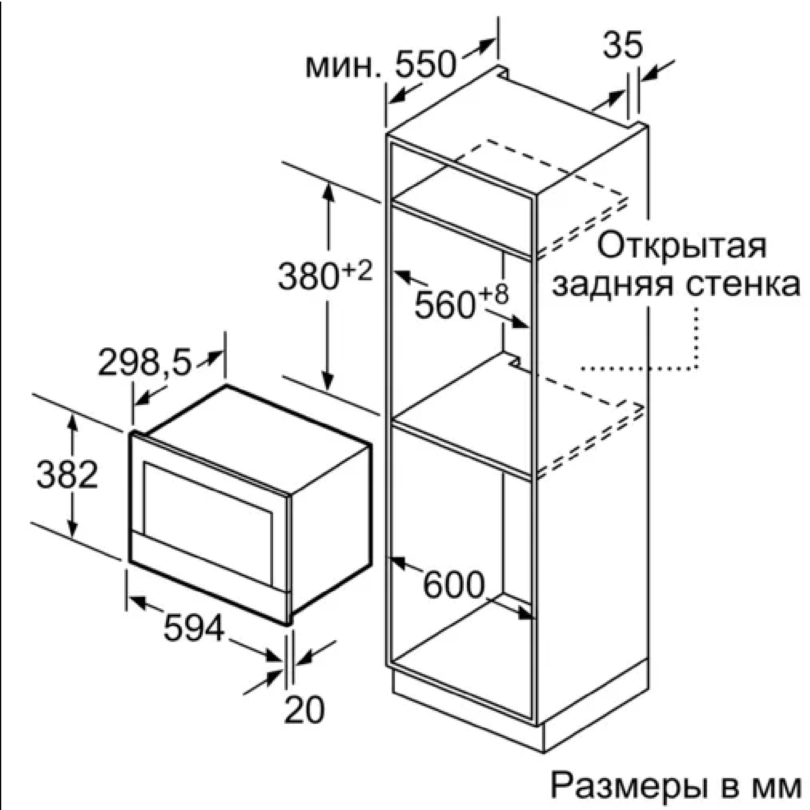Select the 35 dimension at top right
pyautogui.click(x=622, y=45)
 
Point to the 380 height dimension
pyautogui.click(x=309, y=276)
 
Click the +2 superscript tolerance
pyautogui.click(x=357, y=271)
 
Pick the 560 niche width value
pyautogui.click(x=445, y=305)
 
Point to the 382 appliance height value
pyautogui.click(x=67, y=474)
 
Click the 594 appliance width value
pyautogui.click(x=194, y=627)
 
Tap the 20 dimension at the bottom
pyautogui.click(x=305, y=710)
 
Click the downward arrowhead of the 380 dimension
pyautogui.click(x=328, y=381)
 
